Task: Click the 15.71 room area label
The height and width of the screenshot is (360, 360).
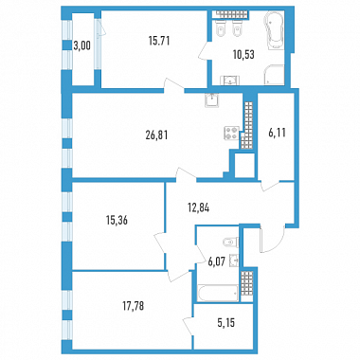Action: tap(159, 41)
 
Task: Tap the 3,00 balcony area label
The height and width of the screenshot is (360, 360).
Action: tap(81, 45)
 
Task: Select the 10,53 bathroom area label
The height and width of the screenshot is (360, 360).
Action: tap(243, 55)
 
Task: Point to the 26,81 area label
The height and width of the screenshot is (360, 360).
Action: tap(156, 135)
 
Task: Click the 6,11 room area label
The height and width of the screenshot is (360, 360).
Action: tap(277, 133)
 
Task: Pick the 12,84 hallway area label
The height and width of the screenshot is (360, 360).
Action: tap(198, 207)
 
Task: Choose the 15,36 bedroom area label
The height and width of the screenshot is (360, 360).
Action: tap(117, 220)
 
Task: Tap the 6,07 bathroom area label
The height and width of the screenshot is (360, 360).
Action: tap(216, 261)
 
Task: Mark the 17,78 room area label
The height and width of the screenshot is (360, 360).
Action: tap(133, 306)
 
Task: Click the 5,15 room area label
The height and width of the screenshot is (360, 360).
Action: tap(226, 323)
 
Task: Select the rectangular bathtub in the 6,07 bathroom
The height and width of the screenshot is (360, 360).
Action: tap(217, 294)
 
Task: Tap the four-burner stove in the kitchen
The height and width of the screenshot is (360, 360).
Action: tap(231, 133)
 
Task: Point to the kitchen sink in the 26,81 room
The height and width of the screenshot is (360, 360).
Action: tap(212, 100)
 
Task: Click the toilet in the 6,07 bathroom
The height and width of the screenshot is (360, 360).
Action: tap(230, 242)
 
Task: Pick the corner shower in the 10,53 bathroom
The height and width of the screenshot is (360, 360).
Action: tap(274, 75)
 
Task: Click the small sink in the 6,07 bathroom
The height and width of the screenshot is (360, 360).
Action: tap(234, 261)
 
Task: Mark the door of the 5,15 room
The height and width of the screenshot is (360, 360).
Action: tap(189, 328)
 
